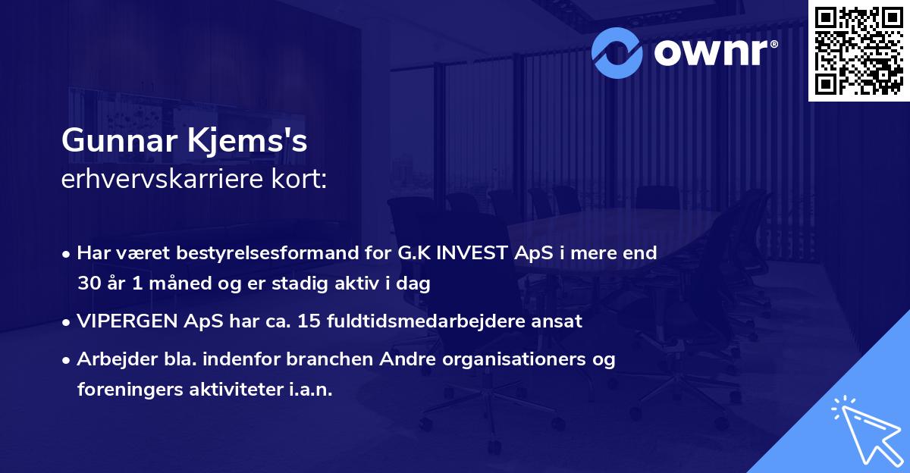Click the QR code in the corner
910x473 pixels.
point(858,50)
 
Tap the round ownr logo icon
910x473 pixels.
point(617,52)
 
